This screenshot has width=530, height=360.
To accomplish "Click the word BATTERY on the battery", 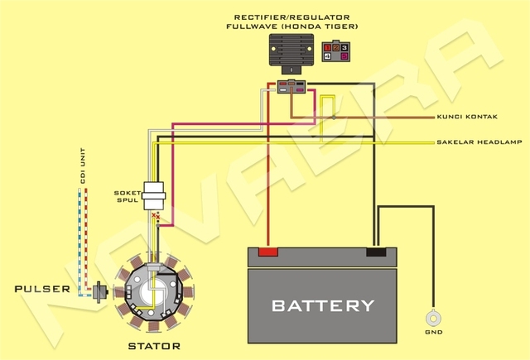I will click(x=323, y=305).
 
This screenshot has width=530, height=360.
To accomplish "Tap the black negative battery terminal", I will click(x=377, y=251).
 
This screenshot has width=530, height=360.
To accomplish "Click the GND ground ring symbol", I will click(x=431, y=318).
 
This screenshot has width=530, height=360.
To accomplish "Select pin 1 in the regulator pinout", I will click(x=328, y=49).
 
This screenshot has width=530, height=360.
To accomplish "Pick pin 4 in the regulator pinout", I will click(x=328, y=58).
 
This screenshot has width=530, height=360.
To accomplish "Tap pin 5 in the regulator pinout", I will click(x=344, y=58).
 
